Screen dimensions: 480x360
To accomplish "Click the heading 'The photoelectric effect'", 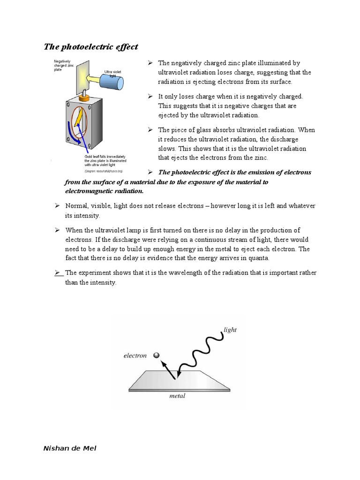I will pyautogui.click(x=91, y=46).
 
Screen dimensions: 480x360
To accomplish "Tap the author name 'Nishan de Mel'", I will pyautogui.click(x=70, y=448).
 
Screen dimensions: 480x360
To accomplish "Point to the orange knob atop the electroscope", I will pyautogui.click(x=85, y=98).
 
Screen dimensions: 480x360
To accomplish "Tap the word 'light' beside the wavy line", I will pyautogui.click(x=230, y=330).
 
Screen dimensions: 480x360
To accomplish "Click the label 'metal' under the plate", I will pyautogui.click(x=177, y=396).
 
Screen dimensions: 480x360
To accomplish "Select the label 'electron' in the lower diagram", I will pyautogui.click(x=135, y=355).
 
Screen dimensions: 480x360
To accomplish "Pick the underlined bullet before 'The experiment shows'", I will pyautogui.click(x=58, y=273).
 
